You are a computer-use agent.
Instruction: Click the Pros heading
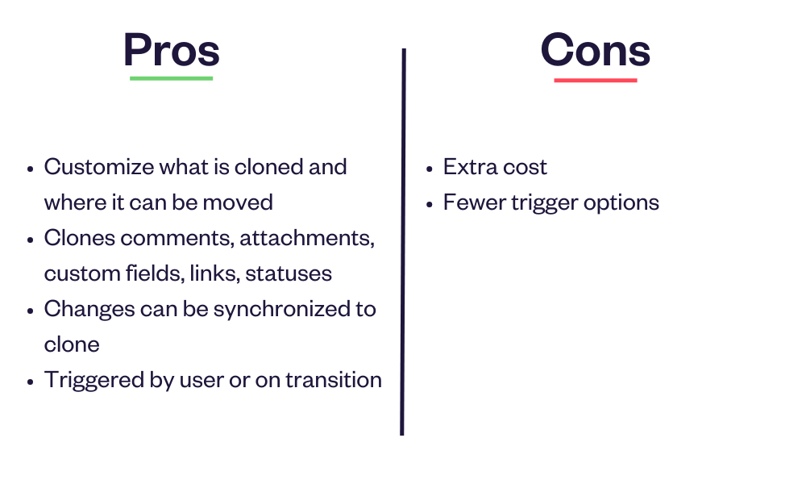[172, 50]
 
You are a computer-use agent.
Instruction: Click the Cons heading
[596, 50]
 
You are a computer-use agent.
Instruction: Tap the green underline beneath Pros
[171, 78]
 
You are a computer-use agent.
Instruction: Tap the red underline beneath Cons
[596, 80]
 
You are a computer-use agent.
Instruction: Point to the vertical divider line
[403, 242]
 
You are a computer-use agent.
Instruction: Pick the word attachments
[307, 238]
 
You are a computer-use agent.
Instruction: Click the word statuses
[289, 273]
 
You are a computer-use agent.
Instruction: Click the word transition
[334, 380]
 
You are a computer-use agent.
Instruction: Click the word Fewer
[475, 202]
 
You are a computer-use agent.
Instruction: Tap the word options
[621, 203]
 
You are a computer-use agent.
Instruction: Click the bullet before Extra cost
[430, 169]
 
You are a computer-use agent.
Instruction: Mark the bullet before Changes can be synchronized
[31, 311]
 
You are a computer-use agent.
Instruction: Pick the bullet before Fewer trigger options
[430, 204]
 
